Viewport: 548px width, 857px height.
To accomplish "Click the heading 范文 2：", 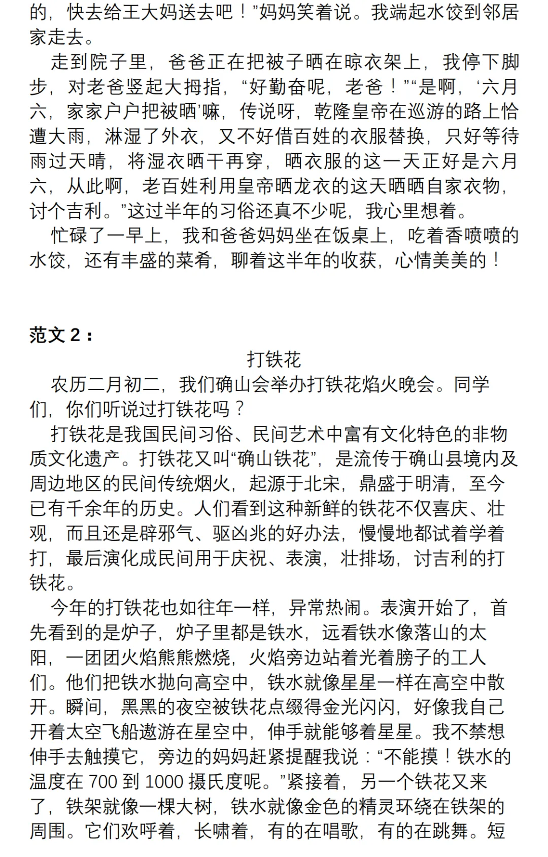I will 61,335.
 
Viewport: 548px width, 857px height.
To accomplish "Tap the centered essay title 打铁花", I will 274,359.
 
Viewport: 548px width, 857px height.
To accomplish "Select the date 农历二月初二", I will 105,384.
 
